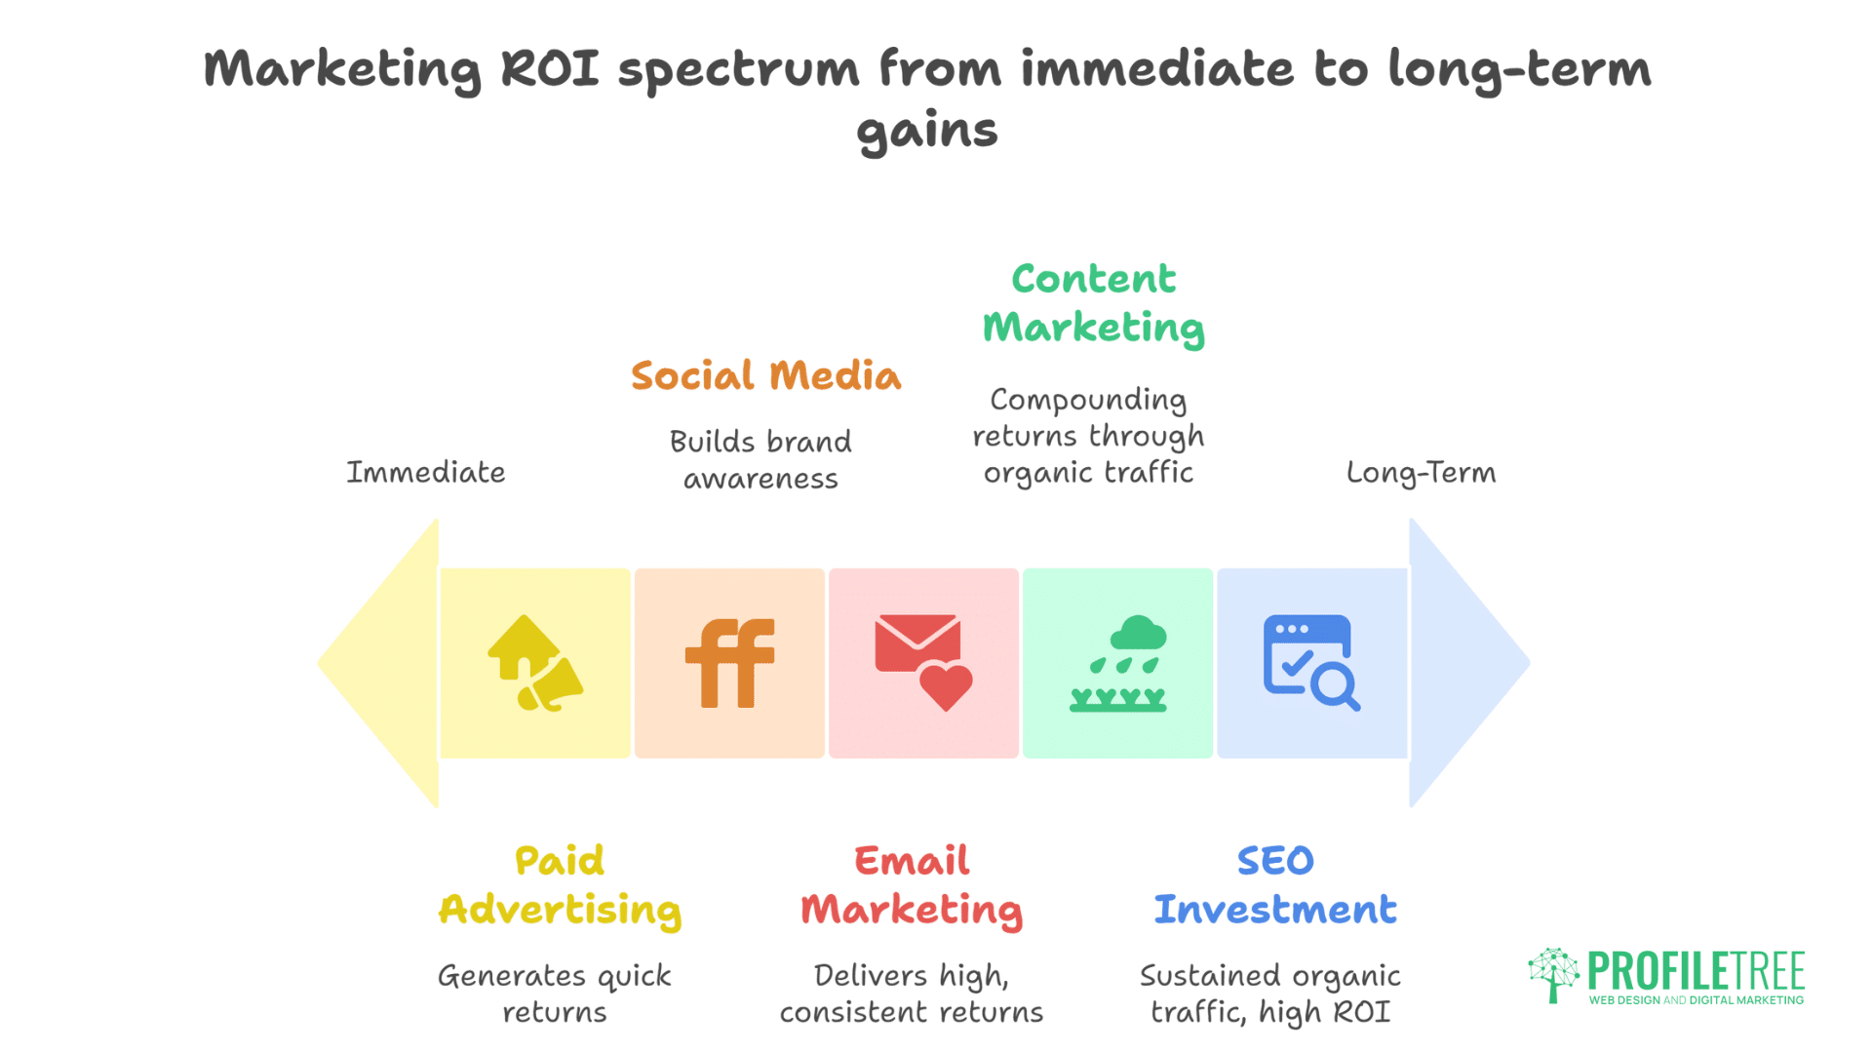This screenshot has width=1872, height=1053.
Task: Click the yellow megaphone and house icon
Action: tap(534, 663)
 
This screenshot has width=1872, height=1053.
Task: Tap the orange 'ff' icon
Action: tap(729, 663)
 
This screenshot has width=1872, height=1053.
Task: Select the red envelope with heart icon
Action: tap(923, 662)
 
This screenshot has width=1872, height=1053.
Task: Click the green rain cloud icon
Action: tap(1118, 663)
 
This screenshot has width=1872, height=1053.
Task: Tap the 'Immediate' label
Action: tap(426, 473)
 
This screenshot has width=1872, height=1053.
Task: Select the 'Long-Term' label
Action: tap(1421, 473)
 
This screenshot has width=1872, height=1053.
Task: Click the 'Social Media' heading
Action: tap(765, 376)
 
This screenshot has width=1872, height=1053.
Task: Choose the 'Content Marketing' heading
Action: tap(1094, 303)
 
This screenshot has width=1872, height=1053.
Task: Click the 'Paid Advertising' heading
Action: tap(560, 885)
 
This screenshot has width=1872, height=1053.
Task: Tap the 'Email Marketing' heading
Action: tap(912, 885)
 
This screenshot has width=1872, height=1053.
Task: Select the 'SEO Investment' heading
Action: tap(1275, 885)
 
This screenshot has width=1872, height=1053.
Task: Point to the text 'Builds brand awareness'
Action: tap(760, 459)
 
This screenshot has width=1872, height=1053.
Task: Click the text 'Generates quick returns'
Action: tap(554, 994)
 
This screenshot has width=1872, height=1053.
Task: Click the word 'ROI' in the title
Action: tap(550, 69)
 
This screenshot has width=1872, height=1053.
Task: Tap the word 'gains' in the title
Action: tap(927, 131)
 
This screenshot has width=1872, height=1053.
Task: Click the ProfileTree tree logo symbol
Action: tap(1553, 973)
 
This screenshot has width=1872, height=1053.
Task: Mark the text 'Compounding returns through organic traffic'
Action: tap(1088, 436)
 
